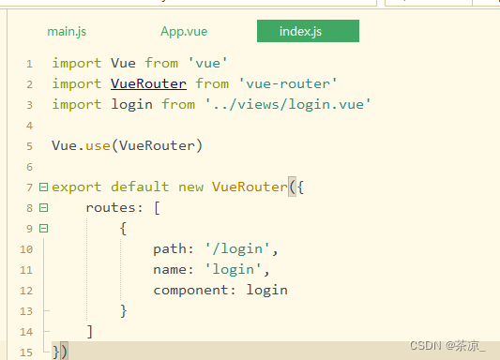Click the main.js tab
[67, 32]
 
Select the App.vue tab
[184, 32]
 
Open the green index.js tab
[300, 32]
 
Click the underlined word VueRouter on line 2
[148, 83]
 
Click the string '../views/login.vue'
[288, 104]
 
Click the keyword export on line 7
[77, 187]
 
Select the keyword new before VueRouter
[190, 187]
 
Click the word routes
[111, 207]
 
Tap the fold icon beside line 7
[43, 187]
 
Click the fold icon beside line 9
[43, 229]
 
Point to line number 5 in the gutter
[30, 146]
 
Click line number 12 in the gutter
[26, 291]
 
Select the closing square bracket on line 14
[89, 331]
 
